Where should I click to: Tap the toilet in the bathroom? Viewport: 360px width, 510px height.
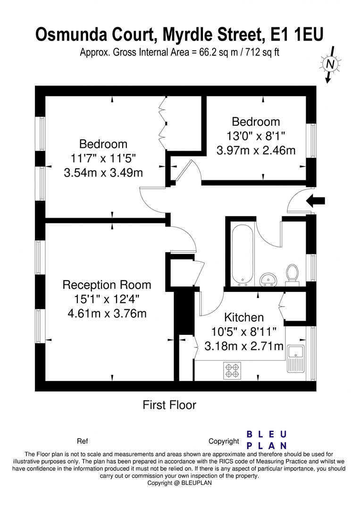pos(292,275)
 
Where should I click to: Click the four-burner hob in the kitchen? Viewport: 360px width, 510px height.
pos(232,371)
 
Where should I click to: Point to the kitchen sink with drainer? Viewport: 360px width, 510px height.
pos(296,359)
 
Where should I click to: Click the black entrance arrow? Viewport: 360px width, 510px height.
pos(315,201)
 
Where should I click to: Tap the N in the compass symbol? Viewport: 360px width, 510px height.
pos(330,64)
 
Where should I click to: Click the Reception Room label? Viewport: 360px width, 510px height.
pos(107,285)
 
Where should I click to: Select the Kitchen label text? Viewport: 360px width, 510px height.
pos(244,317)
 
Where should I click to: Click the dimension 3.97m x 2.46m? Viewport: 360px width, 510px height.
pos(256,150)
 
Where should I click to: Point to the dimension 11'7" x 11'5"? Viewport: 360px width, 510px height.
pos(103,158)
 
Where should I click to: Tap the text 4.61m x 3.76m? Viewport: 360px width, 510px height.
pos(107,313)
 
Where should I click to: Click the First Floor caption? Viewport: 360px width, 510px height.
pos(169,405)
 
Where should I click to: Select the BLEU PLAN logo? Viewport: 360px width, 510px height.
pos(267,440)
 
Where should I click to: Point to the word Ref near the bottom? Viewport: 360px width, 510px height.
pos(83,441)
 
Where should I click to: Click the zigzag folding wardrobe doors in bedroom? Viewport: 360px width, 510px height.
pos(162,123)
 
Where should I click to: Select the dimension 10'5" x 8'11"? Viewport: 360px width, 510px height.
pos(244,331)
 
